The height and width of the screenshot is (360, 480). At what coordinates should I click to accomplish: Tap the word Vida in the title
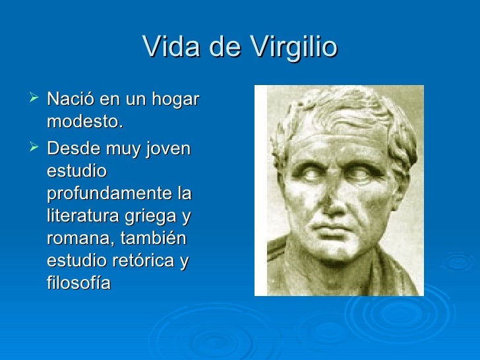pos(165,47)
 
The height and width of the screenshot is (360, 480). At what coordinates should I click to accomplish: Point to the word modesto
pos(85,123)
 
